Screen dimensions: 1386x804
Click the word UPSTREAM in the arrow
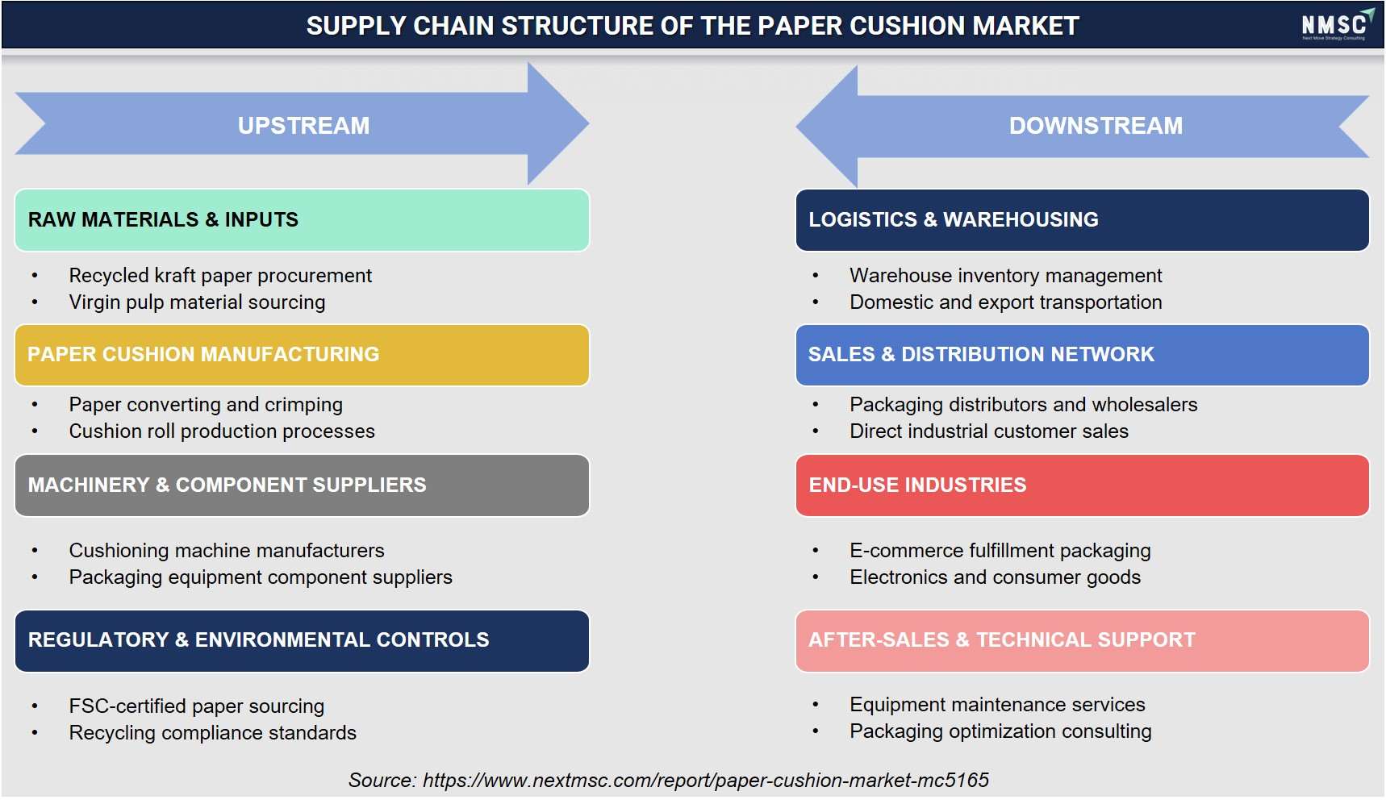coord(303,126)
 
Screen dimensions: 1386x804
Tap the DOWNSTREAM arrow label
coord(1096,126)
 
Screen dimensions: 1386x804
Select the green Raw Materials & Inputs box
coord(302,220)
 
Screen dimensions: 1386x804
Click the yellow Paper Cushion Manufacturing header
coord(302,355)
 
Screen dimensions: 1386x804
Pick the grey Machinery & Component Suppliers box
coord(302,485)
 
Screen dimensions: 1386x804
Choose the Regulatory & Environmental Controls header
coord(302,641)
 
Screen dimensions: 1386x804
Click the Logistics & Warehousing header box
coord(1082,220)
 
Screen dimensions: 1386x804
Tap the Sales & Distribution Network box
coord(1082,355)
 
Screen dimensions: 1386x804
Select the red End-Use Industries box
coord(1082,485)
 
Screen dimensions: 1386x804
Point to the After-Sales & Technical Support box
coord(1082,641)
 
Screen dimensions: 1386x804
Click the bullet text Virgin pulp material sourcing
coord(197,302)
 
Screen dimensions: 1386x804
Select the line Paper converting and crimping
coord(206,405)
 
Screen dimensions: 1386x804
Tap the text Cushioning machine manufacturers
coord(227,551)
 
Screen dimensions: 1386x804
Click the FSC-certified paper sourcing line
coord(196,706)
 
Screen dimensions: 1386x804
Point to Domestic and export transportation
coord(1005,302)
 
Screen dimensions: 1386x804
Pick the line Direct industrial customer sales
coord(989,431)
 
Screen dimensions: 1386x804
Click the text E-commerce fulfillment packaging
coord(1000,551)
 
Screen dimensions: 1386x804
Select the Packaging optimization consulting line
coord(1000,731)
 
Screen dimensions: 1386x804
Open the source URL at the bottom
coord(706,781)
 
